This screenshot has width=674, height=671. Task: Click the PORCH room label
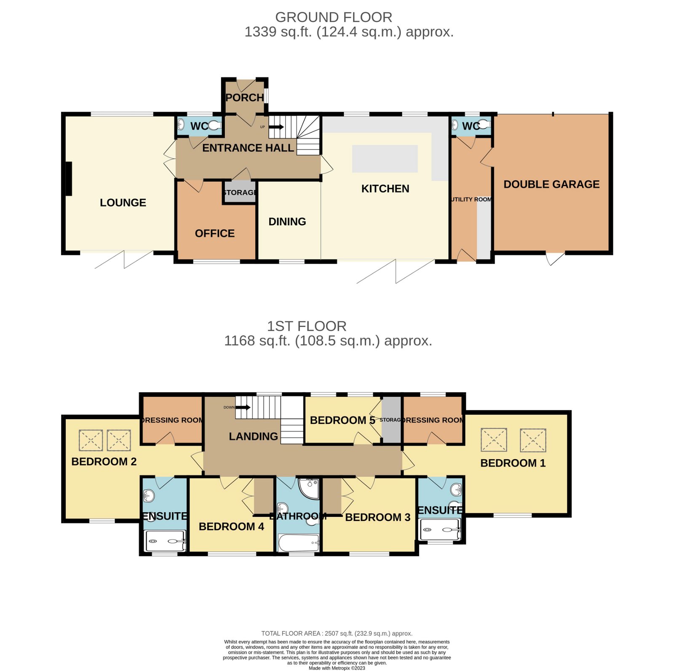[x=244, y=97]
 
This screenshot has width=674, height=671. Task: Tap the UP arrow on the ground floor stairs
[x=276, y=127]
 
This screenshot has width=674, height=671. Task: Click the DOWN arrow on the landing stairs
[x=243, y=407]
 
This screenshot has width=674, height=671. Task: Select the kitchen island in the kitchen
[x=385, y=159]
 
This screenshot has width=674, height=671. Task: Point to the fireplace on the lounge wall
[x=68, y=179]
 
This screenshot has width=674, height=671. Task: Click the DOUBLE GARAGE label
[x=551, y=184]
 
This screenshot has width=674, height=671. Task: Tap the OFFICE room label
[x=214, y=233]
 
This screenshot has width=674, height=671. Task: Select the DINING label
[x=287, y=222]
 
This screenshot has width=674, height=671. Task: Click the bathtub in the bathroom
[x=298, y=543]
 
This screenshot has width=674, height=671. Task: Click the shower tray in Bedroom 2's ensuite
[x=165, y=541]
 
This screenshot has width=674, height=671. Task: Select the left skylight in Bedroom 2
[x=91, y=441]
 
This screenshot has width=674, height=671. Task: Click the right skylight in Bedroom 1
[x=533, y=441]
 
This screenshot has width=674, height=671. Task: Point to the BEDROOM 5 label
[x=342, y=420]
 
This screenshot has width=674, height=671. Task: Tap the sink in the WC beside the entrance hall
[x=181, y=125]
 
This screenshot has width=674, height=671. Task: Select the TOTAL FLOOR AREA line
[x=337, y=633]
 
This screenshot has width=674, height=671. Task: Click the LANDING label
[x=253, y=436]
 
